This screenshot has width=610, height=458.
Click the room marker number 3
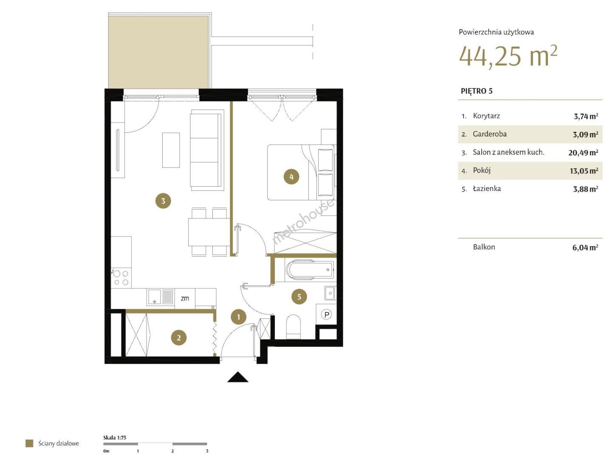pos(163,201)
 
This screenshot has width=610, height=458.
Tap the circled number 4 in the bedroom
pos(291,177)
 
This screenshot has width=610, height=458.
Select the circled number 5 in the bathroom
pos(299,296)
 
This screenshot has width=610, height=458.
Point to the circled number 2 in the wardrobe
pos(178,338)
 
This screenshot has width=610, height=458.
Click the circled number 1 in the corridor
pos(238,317)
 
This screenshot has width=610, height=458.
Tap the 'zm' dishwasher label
pos(185,299)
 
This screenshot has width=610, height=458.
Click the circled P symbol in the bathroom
pos(326,315)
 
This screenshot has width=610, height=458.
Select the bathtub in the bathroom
pos(310,269)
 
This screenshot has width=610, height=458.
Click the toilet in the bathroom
pos(293,326)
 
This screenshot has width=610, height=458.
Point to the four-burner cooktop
pos(121,278)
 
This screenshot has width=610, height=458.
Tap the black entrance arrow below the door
pos(237,377)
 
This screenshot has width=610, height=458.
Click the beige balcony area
pos(158,52)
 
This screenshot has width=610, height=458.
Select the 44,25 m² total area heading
pos(508,56)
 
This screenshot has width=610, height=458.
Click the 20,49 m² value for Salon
pos(583,153)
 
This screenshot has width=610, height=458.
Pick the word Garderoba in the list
pos(490,134)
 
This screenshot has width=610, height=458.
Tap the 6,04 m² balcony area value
pos(585,247)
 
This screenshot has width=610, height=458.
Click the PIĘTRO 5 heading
pos(477,91)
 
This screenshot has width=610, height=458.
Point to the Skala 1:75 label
pos(115,438)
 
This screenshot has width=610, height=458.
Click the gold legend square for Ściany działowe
pos(29,443)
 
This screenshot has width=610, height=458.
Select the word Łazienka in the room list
pos(487,189)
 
